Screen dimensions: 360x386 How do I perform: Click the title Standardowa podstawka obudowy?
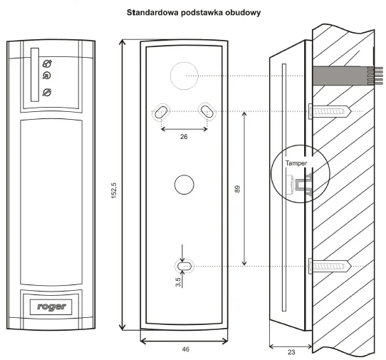click(x=193, y=13)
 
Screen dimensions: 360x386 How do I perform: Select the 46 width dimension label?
click(x=186, y=349)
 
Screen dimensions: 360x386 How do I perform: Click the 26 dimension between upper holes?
click(x=184, y=138)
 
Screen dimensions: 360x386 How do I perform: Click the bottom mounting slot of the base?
click(x=184, y=266)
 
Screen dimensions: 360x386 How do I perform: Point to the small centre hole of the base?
click(x=184, y=184)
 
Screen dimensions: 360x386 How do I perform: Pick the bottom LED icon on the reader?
click(x=47, y=91)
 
